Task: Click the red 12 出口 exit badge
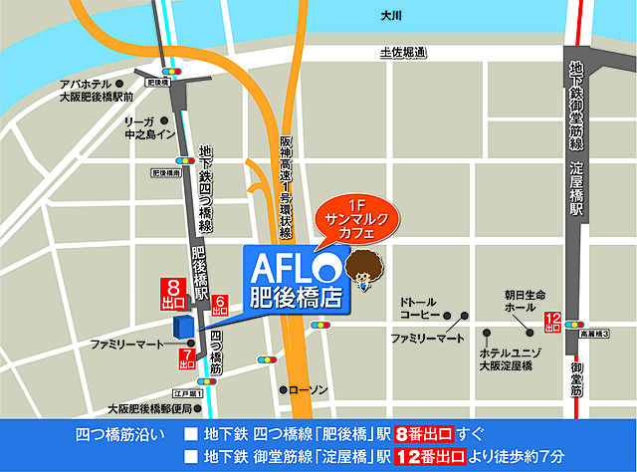tap(553, 323)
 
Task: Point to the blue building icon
tap(182, 329)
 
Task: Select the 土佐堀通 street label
tap(403, 52)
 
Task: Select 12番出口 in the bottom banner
tap(430, 456)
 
